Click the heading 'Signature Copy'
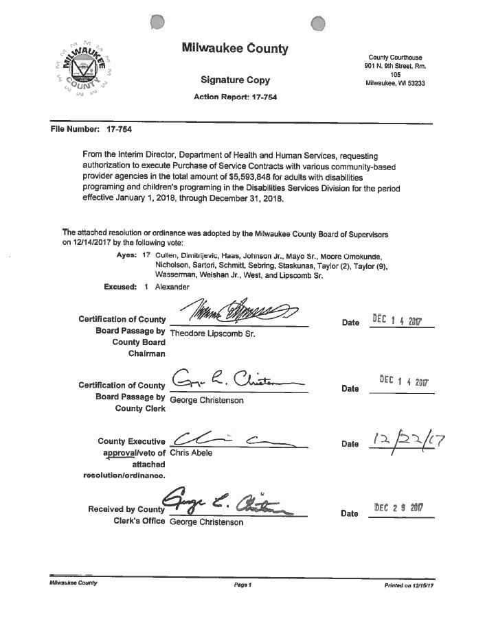[x=235, y=80]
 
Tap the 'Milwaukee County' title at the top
[x=235, y=49]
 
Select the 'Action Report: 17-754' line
[x=236, y=97]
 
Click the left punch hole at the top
[x=157, y=23]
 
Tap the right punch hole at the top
[x=318, y=24]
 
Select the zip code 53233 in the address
[x=414, y=83]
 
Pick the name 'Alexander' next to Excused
[x=173, y=287]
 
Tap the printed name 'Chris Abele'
[x=191, y=453]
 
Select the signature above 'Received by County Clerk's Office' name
[x=234, y=506]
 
